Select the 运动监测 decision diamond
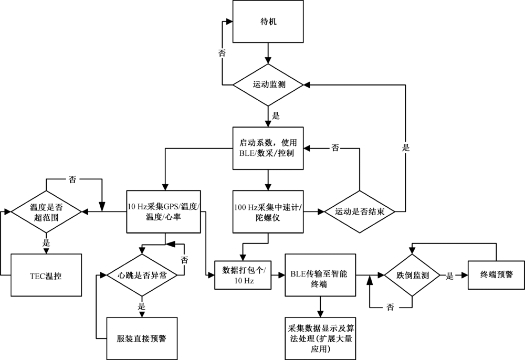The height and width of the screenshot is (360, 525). click(x=268, y=84)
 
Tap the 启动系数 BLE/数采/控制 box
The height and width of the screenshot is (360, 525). click(x=268, y=147)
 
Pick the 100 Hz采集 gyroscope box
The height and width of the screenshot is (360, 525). click(x=268, y=211)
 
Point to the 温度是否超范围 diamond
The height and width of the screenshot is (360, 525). click(x=46, y=211)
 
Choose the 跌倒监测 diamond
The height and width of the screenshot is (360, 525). click(x=411, y=274)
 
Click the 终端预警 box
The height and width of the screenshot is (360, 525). click(x=496, y=274)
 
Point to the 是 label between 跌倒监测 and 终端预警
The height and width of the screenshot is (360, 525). click(x=450, y=274)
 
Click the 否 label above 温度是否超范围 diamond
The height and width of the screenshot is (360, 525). click(x=72, y=179)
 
